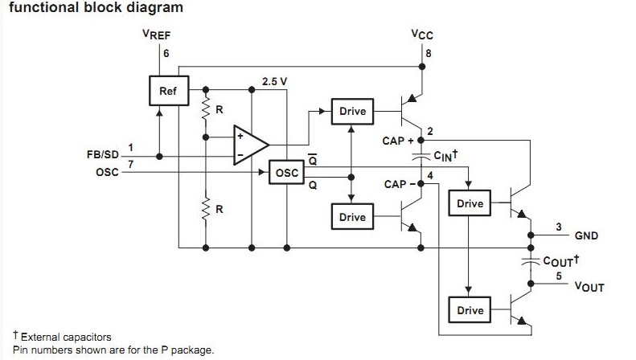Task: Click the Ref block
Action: coord(167,92)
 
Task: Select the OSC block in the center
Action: coord(286,173)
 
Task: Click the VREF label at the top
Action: coord(158,35)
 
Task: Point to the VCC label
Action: coord(421,35)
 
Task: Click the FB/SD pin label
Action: coord(102,154)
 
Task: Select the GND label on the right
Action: coord(586,236)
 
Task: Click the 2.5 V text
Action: coord(274,82)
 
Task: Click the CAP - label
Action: coord(400,184)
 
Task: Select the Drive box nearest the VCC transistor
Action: coord(352,111)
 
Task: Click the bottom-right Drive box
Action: coord(470,310)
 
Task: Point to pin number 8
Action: coord(429,54)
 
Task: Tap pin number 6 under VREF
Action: coord(166,54)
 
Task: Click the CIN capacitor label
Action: coord(445,155)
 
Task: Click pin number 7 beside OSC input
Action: coord(131,164)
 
